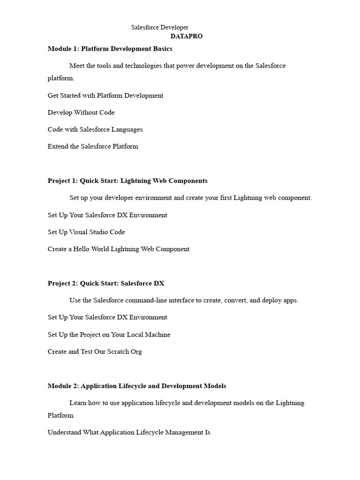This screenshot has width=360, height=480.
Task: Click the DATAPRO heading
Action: click(187, 36)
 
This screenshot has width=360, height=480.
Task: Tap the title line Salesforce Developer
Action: click(159, 28)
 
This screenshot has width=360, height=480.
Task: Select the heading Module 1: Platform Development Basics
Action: click(110, 49)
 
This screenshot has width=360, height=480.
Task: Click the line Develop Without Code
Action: click(81, 112)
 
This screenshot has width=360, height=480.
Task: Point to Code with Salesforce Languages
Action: click(95, 129)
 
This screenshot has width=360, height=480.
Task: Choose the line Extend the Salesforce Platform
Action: click(93, 146)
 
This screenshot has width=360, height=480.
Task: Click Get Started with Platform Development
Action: click(105, 96)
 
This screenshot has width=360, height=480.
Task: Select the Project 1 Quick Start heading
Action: click(127, 181)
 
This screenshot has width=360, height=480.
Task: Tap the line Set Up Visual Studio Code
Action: click(86, 232)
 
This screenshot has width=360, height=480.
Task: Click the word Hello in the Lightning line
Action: click(83, 249)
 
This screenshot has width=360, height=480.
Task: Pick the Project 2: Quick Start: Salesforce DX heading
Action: click(106, 284)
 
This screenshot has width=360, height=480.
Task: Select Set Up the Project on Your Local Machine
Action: click(109, 335)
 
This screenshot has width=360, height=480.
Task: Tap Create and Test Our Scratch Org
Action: click(95, 352)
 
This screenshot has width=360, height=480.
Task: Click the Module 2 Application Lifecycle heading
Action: click(137, 386)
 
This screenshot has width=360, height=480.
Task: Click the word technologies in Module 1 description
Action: click(142, 66)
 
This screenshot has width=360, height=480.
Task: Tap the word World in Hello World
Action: click(101, 249)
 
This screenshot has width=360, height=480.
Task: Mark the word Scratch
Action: click(118, 352)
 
